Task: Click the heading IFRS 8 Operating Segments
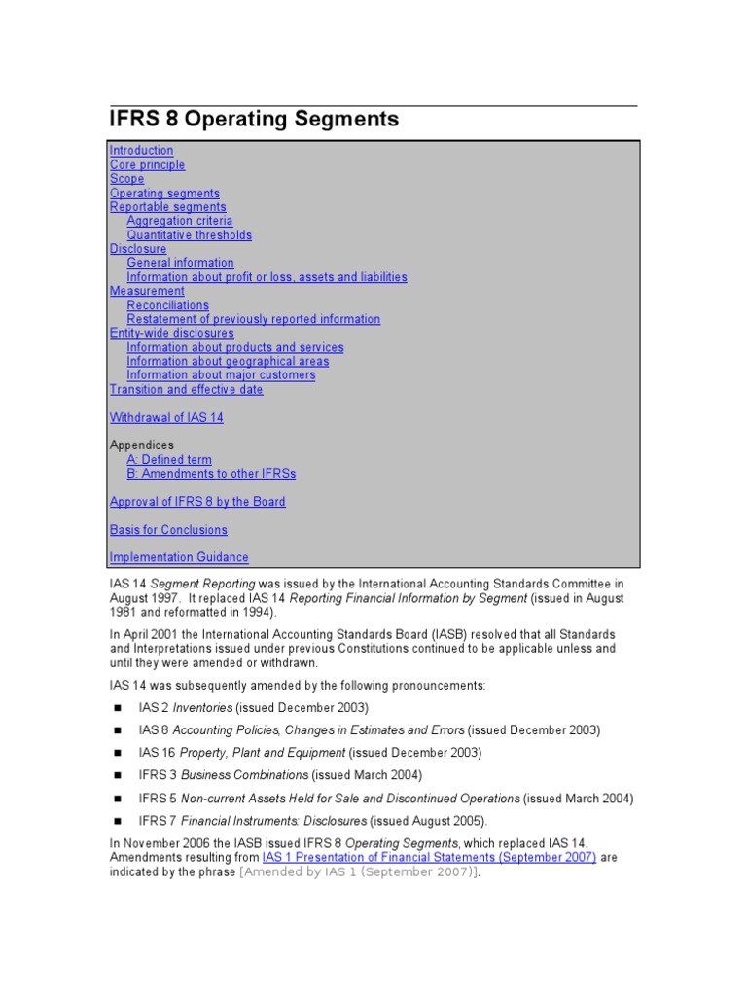coord(254,120)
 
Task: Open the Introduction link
coord(141,151)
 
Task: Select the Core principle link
coord(147,165)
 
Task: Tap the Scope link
coord(126,179)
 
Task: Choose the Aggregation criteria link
coord(179,221)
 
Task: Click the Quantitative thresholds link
coord(189,235)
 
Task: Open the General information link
coord(180,263)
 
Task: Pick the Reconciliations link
coord(167,305)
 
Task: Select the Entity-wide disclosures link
coord(171,333)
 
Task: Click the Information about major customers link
coord(221,375)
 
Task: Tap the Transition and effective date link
coord(186,390)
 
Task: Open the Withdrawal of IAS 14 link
coord(166,418)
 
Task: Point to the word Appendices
coord(142,445)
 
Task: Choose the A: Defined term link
coord(168,460)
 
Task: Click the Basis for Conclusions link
coord(168,530)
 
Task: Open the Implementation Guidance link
coord(179,558)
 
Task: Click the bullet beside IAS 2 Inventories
coord(117,708)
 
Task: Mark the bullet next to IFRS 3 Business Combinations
coord(117,776)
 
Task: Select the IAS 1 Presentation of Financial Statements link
coord(429,858)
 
